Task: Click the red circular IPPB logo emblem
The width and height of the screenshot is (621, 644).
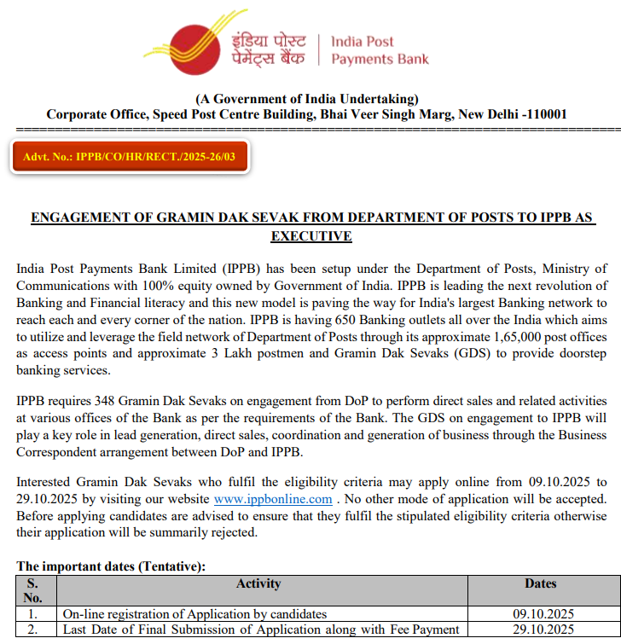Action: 198,47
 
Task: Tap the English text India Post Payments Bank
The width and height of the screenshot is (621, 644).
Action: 380,50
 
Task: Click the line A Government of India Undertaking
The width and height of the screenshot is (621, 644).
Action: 306,99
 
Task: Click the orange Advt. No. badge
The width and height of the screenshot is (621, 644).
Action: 130,156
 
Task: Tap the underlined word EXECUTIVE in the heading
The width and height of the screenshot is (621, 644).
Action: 310,236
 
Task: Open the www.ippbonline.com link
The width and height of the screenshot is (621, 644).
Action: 273,499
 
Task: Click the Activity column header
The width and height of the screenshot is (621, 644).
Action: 258,584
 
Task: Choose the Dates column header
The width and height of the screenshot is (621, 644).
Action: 540,584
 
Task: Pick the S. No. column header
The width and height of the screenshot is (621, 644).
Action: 33,590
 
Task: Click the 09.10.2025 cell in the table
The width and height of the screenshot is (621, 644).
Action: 543,614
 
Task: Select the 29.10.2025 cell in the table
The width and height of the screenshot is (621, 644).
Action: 543,629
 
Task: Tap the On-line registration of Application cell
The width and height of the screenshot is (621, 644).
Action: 194,614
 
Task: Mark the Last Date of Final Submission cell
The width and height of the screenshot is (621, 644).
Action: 260,629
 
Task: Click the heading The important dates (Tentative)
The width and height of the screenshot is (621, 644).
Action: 111,566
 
